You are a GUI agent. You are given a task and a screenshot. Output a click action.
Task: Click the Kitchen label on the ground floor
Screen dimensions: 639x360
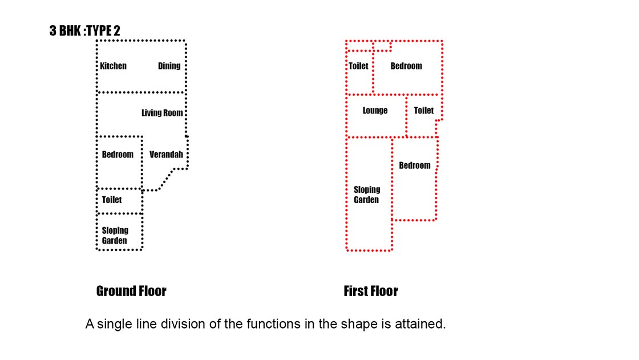point(114,66)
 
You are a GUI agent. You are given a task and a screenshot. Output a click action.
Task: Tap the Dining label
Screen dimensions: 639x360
point(169,66)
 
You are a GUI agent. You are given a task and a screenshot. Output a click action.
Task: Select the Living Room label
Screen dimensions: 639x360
point(162,113)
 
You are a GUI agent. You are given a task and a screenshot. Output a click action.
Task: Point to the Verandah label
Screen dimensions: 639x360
point(166,155)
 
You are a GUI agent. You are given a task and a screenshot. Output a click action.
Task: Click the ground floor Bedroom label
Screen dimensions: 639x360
point(118,155)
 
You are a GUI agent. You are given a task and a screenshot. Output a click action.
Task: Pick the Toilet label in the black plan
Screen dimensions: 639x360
point(112,200)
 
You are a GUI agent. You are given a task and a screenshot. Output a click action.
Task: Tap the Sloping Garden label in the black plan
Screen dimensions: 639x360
point(115,236)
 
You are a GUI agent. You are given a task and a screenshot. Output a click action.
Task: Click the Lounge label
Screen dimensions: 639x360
point(375,111)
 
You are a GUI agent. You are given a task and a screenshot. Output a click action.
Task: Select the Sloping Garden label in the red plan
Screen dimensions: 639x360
point(367,195)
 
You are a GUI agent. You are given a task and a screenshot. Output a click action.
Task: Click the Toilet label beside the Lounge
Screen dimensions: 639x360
point(424,111)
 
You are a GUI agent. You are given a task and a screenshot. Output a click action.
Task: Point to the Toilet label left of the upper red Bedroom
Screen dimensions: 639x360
point(358,66)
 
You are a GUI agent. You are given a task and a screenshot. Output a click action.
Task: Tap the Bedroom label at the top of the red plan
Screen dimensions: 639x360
point(406,66)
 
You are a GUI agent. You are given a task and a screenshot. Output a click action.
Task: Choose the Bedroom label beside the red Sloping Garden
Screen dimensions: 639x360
point(415,165)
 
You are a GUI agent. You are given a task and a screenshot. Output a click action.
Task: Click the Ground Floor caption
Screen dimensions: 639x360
point(131,291)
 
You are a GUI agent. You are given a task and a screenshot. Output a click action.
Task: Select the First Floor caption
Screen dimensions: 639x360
point(371,291)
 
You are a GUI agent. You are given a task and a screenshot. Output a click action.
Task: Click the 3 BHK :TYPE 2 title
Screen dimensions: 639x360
point(85,31)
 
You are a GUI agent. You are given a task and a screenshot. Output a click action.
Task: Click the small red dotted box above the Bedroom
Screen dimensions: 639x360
point(382,46)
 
